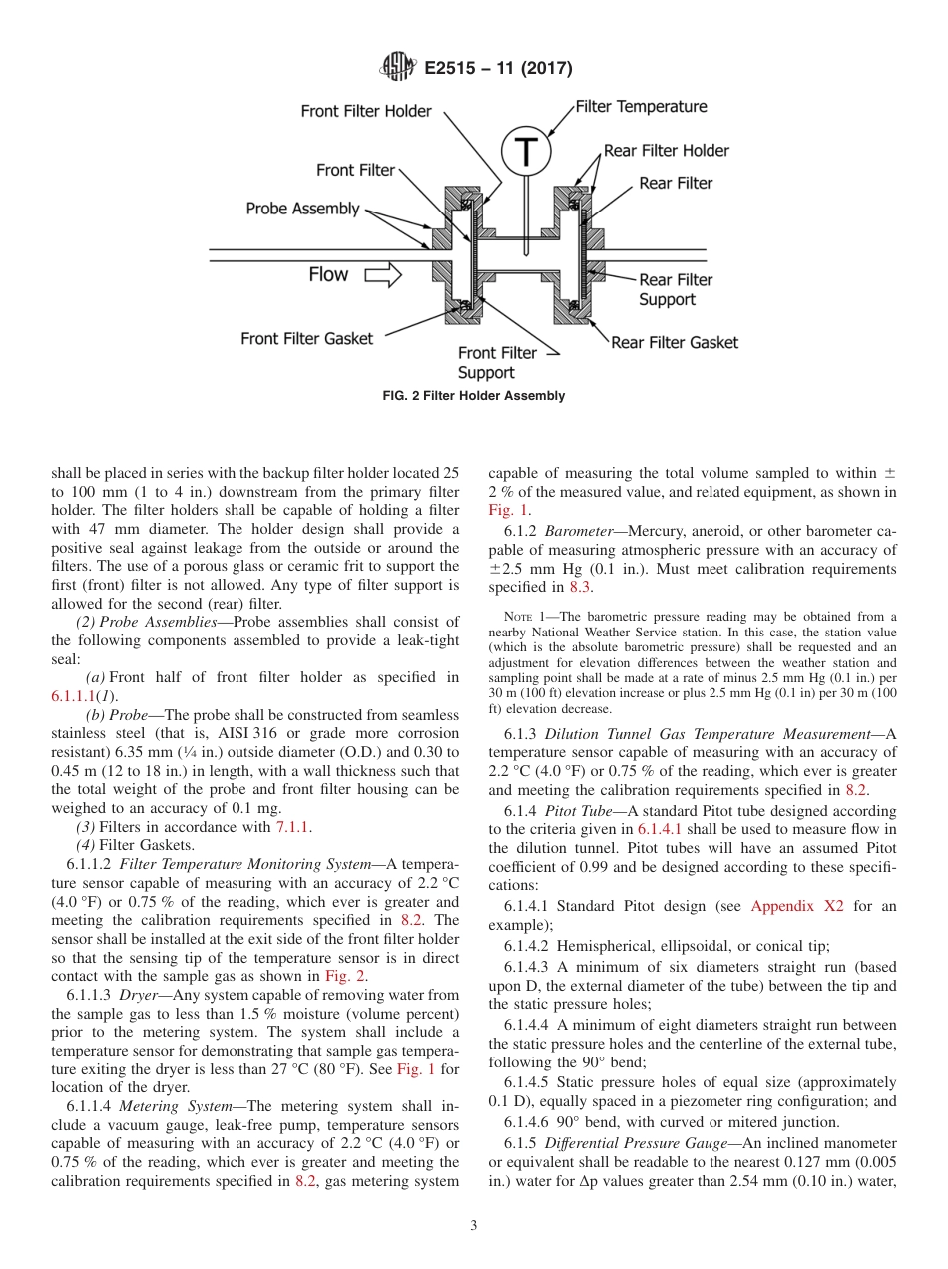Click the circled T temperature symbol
[525, 152]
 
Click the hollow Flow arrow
[382, 275]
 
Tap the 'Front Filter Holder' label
[366, 111]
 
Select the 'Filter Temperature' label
[641, 107]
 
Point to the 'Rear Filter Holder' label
[666, 151]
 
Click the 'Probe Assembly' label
[303, 209]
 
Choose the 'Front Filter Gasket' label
[306, 339]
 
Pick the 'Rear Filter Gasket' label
[675, 342]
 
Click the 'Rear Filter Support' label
[676, 290]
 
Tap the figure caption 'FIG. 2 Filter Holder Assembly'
[474, 396]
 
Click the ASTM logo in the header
[398, 68]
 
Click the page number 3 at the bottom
[474, 1226]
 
